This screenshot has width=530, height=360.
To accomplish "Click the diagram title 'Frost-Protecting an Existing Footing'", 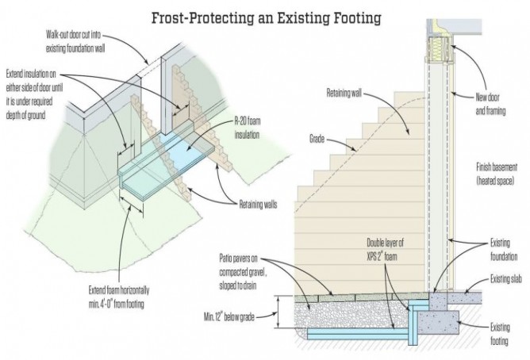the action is (x=266, y=18).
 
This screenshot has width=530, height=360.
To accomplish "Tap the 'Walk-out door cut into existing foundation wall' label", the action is (x=75, y=42).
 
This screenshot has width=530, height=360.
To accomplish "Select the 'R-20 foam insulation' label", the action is (x=248, y=128).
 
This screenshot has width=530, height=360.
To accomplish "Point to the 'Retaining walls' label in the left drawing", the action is (x=258, y=205).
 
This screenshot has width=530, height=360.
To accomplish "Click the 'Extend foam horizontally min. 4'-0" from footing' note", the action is (x=119, y=297).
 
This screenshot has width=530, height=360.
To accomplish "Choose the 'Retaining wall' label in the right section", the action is (x=344, y=93).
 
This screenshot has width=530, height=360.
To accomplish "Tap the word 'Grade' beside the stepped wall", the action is (x=317, y=139).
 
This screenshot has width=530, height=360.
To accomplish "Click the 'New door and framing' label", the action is (x=490, y=105).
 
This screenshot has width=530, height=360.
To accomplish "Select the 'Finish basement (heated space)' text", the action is (x=497, y=174).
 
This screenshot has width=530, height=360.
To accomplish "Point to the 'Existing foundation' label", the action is (x=504, y=250).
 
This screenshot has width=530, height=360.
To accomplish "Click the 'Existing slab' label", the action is (x=506, y=279).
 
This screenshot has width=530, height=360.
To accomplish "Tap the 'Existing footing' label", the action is (x=500, y=334).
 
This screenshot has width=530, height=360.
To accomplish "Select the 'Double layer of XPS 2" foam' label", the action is (x=385, y=249).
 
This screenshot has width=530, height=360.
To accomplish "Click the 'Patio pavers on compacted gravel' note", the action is (x=243, y=272).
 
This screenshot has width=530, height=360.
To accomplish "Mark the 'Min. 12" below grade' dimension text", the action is (x=229, y=317).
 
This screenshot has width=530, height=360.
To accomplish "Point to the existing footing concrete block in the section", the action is (x=439, y=323).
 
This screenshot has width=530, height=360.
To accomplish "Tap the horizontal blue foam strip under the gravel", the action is (x=358, y=334).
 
